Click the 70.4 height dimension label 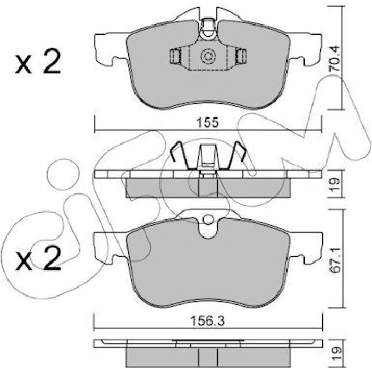[x=334, y=58]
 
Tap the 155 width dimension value [x=208, y=123]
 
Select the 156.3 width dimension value [x=208, y=321]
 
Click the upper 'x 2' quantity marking [x=38, y=62]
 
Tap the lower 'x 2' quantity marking [x=38, y=258]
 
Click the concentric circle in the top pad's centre [x=208, y=57]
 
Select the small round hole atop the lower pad [x=208, y=219]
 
